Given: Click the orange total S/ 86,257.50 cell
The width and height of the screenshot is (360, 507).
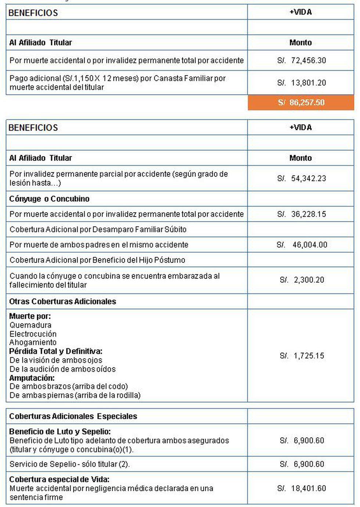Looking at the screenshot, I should tap(301, 103).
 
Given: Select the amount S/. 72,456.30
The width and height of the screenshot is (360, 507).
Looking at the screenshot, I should tap(301, 60).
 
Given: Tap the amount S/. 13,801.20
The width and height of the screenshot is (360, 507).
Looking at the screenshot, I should tap(301, 83).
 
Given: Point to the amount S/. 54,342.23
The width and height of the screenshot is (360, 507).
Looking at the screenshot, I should tap(301, 178).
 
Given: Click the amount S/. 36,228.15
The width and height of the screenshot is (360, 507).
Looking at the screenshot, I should tap(301, 214).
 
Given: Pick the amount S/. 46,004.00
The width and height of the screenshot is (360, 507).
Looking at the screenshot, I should tap(302, 244).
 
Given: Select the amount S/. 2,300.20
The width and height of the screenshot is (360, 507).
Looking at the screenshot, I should tap(302, 280).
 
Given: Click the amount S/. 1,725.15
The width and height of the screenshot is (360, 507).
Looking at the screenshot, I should tap(302, 356).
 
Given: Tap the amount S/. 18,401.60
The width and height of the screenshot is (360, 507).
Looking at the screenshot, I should tap(301, 488).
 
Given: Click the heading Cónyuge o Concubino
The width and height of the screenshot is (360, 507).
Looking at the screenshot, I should tap(49, 199).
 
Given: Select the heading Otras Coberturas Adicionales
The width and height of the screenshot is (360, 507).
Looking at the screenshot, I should tap(62, 301).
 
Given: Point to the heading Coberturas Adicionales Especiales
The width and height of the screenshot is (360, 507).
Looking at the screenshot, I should tap(73, 416).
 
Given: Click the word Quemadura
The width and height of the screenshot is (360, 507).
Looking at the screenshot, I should tap(30, 325).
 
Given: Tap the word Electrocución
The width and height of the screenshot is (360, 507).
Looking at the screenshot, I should tap(33, 334).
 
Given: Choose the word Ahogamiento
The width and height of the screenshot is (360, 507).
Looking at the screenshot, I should tap(33, 343).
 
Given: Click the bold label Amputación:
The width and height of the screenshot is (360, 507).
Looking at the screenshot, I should tap(32, 378).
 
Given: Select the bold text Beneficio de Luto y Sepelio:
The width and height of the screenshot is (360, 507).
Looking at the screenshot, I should tap(60, 432).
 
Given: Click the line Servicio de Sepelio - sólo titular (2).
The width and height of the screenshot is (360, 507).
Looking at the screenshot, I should tap(69, 464).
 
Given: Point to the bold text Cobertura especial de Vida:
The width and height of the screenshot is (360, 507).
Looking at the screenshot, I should tap(59, 479).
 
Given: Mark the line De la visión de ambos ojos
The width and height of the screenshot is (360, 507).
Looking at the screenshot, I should tap(56, 360).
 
